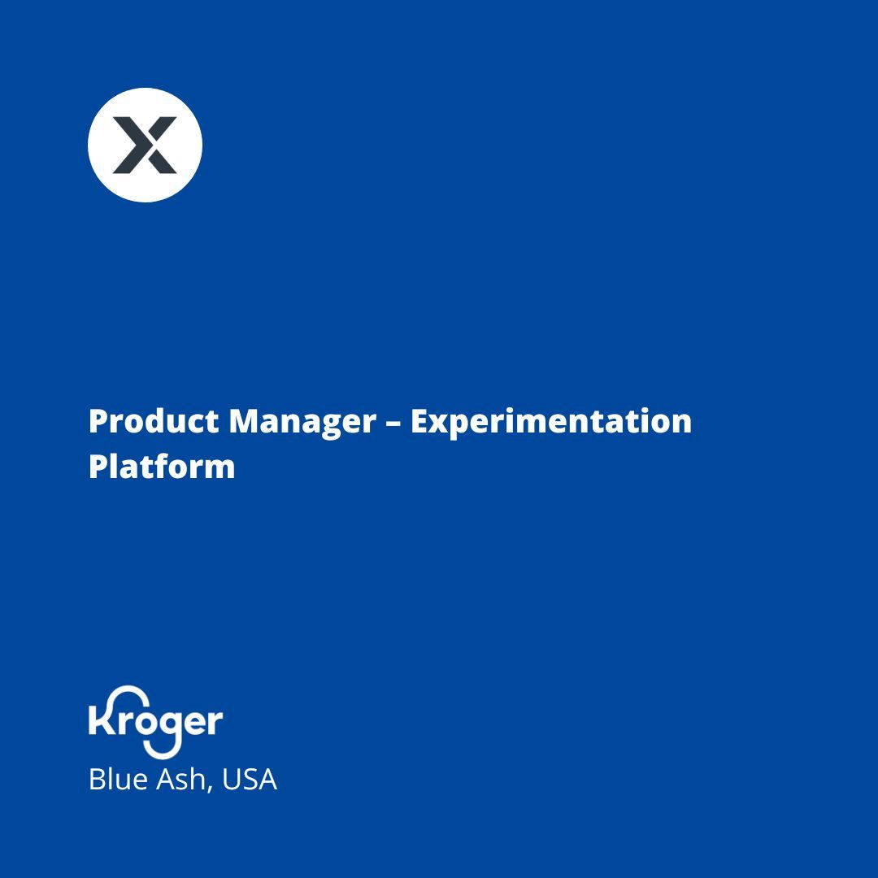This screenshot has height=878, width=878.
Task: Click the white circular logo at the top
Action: pos(145,145)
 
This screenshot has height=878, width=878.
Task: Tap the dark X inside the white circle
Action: pos(145,145)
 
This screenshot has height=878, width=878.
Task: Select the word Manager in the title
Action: pos(302,421)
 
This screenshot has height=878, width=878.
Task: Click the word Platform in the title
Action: pos(162,467)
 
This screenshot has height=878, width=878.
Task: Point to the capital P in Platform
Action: pos(98,467)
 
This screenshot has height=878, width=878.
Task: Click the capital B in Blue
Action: pos(97,780)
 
